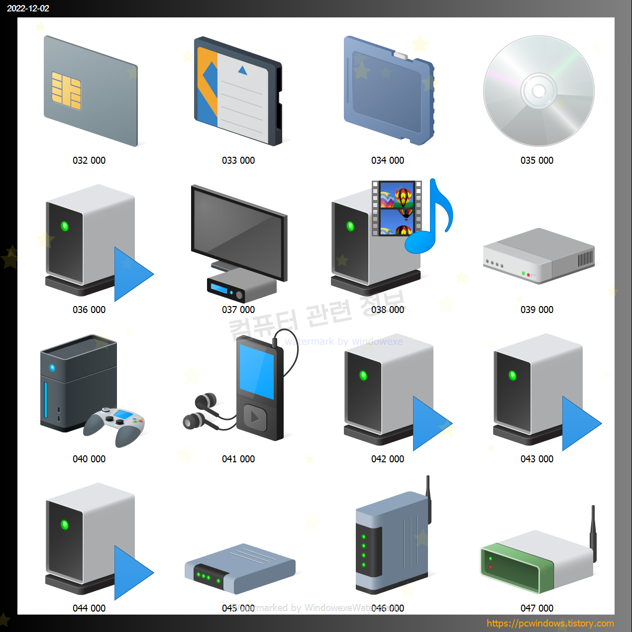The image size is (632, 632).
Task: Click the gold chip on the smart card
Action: point(67,91)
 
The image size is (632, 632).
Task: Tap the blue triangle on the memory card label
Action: point(242,71)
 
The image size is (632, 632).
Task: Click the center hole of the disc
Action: point(538,91)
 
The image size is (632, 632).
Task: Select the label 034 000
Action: point(388,160)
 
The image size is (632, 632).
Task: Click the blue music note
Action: point(430,224)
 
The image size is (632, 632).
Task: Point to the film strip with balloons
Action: point(397,208)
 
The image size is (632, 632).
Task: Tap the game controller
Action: point(115,423)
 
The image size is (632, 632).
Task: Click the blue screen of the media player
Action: point(257,370)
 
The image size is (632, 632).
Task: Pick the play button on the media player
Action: point(255,417)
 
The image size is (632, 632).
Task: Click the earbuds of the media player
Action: point(201,411)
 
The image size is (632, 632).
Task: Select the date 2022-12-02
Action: point(28,8)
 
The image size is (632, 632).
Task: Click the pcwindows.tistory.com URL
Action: point(550,623)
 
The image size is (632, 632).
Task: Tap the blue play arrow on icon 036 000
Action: point(130,274)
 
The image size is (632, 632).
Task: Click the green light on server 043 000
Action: point(513,375)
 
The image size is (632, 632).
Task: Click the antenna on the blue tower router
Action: point(428,498)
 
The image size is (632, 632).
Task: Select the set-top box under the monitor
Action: point(241,286)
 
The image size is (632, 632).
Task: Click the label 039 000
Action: point(537,310)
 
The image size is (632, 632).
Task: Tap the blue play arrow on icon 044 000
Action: point(130,573)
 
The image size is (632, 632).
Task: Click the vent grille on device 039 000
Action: point(585,259)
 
